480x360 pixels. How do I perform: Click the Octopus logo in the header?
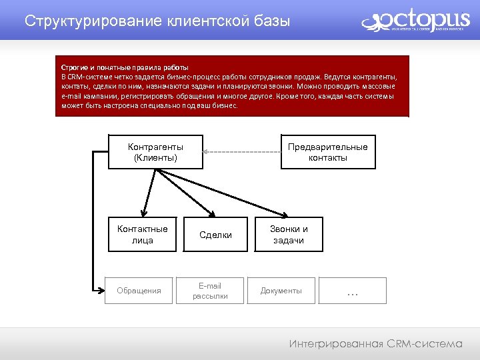[414, 21]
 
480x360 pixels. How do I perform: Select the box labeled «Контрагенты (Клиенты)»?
[155, 152]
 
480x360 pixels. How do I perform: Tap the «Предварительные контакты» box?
[327, 152]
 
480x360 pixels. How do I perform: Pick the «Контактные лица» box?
[142, 235]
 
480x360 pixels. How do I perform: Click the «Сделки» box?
[215, 235]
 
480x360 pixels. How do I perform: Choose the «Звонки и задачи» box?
[289, 235]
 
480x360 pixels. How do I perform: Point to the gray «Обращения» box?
[139, 291]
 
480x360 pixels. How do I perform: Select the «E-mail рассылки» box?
[210, 291]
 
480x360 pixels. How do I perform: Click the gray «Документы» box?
[281, 291]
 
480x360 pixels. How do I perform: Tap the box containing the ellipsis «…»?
[353, 291]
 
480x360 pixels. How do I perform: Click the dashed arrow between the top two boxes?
[240, 152]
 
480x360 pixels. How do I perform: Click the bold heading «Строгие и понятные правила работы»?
[125, 68]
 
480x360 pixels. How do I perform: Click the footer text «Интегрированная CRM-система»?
[375, 344]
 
